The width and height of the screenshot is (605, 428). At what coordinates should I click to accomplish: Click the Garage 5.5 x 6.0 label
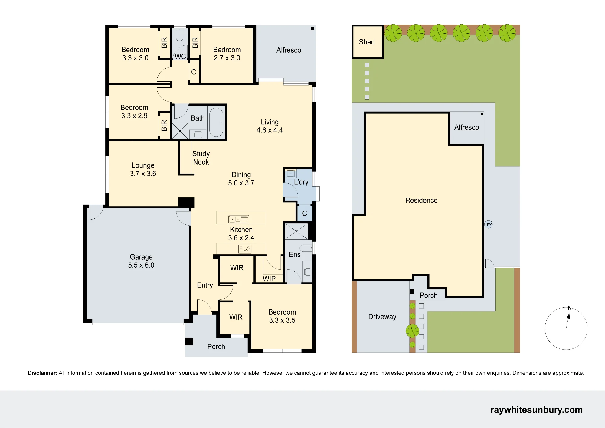(x=141, y=261)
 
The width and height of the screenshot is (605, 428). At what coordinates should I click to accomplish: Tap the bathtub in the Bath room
(x=216, y=122)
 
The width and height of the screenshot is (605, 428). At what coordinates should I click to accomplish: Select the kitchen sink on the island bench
(x=238, y=219)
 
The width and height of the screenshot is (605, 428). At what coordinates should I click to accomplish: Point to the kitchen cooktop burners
(x=245, y=249)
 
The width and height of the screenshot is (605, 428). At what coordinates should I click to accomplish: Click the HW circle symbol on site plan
(x=489, y=224)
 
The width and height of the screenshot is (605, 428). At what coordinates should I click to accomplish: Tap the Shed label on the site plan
(x=367, y=42)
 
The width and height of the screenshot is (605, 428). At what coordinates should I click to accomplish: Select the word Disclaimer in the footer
(x=42, y=373)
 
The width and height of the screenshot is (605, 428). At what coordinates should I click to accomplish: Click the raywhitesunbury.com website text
(x=536, y=410)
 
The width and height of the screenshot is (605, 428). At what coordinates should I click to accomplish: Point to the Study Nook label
(x=201, y=158)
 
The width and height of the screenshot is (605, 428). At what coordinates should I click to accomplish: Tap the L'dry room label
(x=301, y=182)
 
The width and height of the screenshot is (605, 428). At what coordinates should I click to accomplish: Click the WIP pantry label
(x=269, y=279)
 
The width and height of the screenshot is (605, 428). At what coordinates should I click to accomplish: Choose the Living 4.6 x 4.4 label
(x=270, y=126)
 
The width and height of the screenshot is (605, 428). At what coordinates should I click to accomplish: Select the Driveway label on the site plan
(x=382, y=317)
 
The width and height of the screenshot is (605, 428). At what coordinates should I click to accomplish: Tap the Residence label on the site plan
(x=421, y=200)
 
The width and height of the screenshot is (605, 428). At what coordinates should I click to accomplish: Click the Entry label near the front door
(x=205, y=285)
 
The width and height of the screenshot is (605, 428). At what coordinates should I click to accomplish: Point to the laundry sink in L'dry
(x=290, y=174)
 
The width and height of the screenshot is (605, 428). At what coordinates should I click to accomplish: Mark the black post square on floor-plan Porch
(x=189, y=341)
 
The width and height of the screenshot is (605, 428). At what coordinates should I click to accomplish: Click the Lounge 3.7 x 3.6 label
(x=143, y=169)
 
